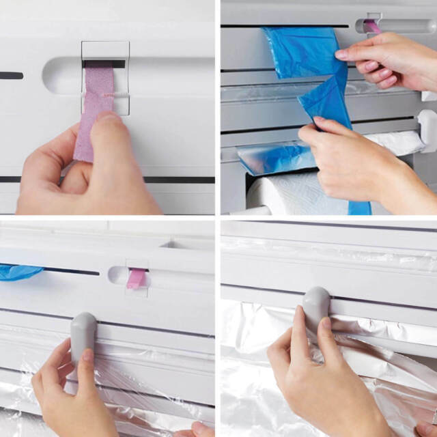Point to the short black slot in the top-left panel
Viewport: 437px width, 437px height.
point(10,76)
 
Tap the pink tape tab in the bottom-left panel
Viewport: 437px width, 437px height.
point(136,277)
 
